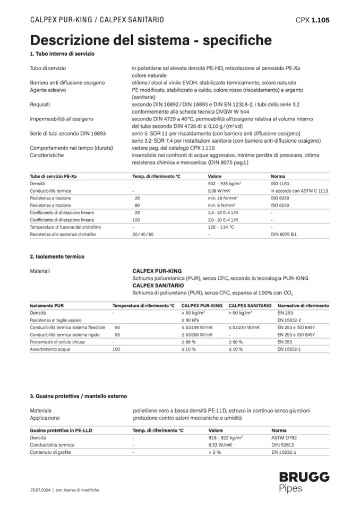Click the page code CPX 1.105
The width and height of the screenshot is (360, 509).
(x=312, y=20)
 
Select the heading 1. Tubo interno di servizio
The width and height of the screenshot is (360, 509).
(x=63, y=55)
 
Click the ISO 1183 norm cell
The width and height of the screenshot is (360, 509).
(x=280, y=183)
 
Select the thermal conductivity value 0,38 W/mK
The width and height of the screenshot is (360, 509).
(x=219, y=190)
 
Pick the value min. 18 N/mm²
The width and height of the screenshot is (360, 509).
(x=222, y=197)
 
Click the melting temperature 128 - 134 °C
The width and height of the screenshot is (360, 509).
(x=221, y=227)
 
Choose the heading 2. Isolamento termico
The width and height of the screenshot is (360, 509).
(x=57, y=256)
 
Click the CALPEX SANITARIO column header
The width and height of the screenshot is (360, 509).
(x=250, y=306)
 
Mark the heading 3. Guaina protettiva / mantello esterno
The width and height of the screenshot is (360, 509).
(x=79, y=396)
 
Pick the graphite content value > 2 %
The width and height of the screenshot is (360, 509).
(x=215, y=452)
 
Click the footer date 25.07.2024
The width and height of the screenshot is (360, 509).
(x=40, y=490)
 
